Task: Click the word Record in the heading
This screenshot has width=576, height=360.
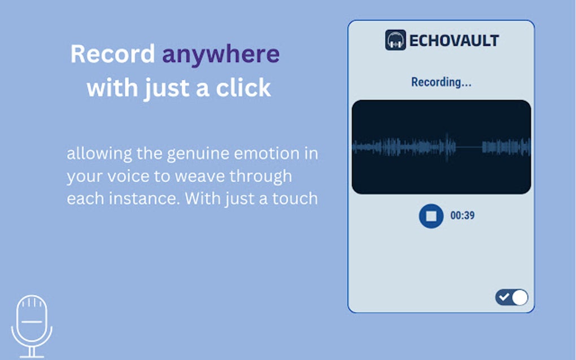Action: (112, 54)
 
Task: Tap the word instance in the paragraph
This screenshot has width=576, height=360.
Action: (144, 199)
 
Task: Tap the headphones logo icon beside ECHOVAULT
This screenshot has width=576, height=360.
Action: (396, 40)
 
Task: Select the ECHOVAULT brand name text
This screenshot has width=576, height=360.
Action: (454, 41)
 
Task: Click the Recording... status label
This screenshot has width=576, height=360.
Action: (441, 82)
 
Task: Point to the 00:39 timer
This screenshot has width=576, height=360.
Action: (462, 216)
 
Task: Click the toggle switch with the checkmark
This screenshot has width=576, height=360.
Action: (512, 297)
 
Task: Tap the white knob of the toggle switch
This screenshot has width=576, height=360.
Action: (520, 297)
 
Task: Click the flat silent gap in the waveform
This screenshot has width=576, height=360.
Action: (469, 147)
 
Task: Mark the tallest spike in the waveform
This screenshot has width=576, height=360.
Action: (447, 147)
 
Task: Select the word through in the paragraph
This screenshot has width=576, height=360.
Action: (261, 177)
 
